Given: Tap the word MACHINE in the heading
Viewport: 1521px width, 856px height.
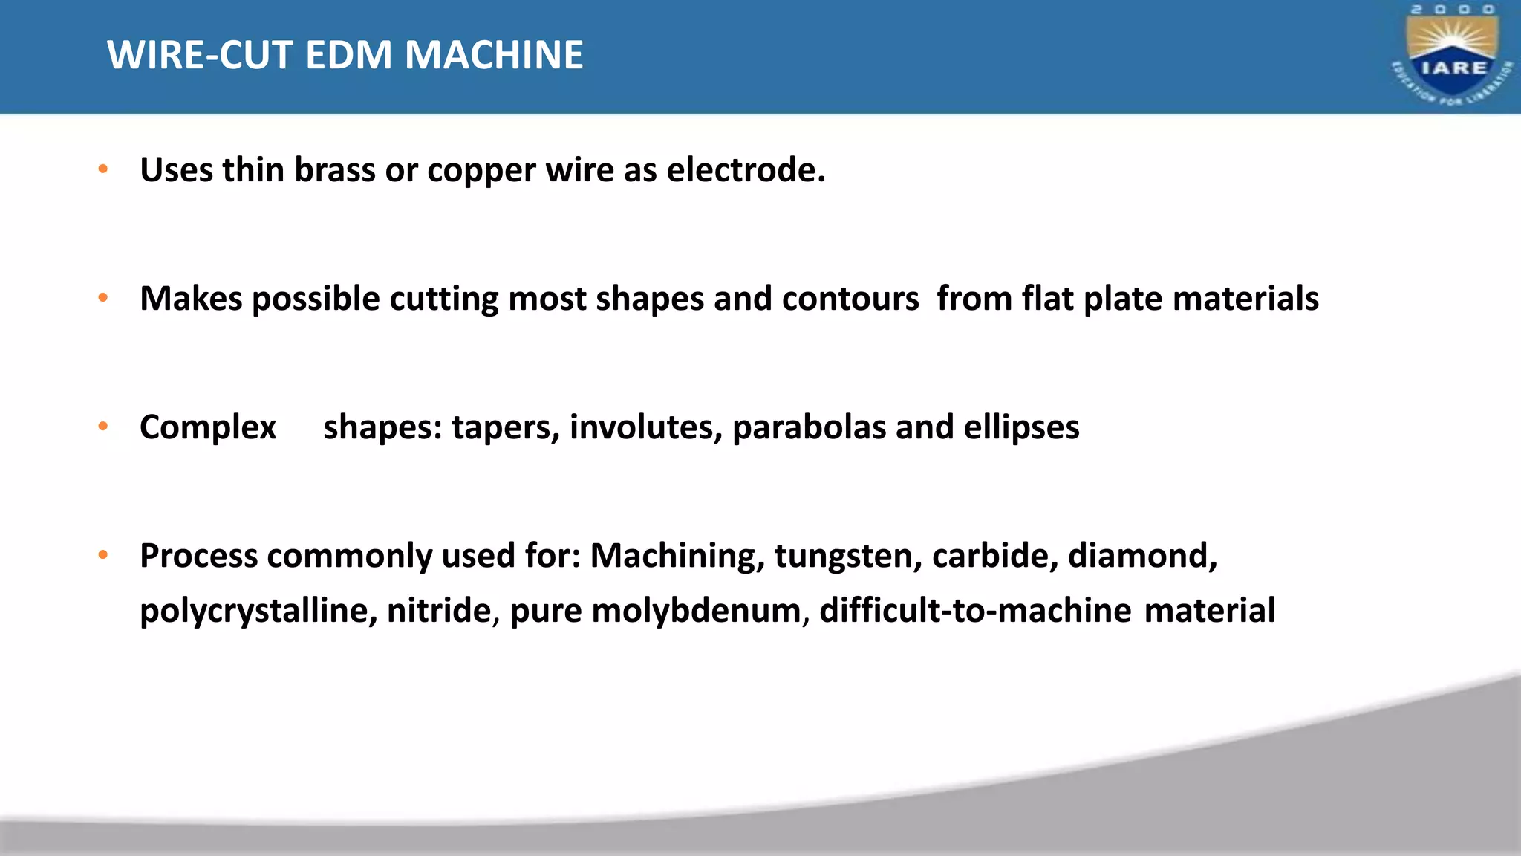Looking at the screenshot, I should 494,55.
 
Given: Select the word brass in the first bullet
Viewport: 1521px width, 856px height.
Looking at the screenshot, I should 334,169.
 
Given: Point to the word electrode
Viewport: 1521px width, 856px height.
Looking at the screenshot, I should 746,169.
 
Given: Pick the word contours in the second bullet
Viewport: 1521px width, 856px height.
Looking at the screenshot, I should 850,299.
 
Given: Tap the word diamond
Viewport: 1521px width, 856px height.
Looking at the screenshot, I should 1142,556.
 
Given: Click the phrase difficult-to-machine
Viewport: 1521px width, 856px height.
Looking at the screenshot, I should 975,611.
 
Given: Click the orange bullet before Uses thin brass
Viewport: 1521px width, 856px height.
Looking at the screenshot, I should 103,169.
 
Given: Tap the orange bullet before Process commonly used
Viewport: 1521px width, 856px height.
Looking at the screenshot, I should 103,555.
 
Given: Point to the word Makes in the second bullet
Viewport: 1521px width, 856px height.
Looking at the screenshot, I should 191,299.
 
